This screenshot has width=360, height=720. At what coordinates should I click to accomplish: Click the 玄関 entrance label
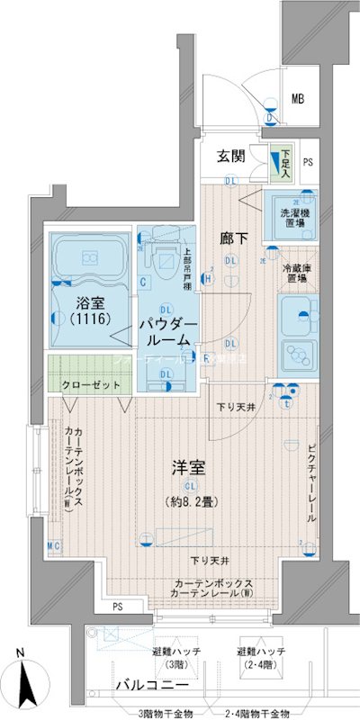(x=231, y=156)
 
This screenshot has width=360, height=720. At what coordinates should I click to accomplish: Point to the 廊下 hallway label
(x=234, y=239)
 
